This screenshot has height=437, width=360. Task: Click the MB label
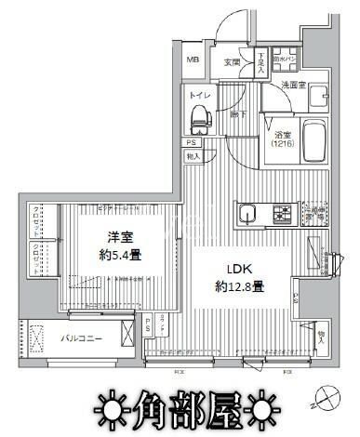193,60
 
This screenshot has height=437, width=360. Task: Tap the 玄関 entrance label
232,62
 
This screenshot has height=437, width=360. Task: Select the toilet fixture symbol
198,118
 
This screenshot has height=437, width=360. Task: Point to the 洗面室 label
295,85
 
